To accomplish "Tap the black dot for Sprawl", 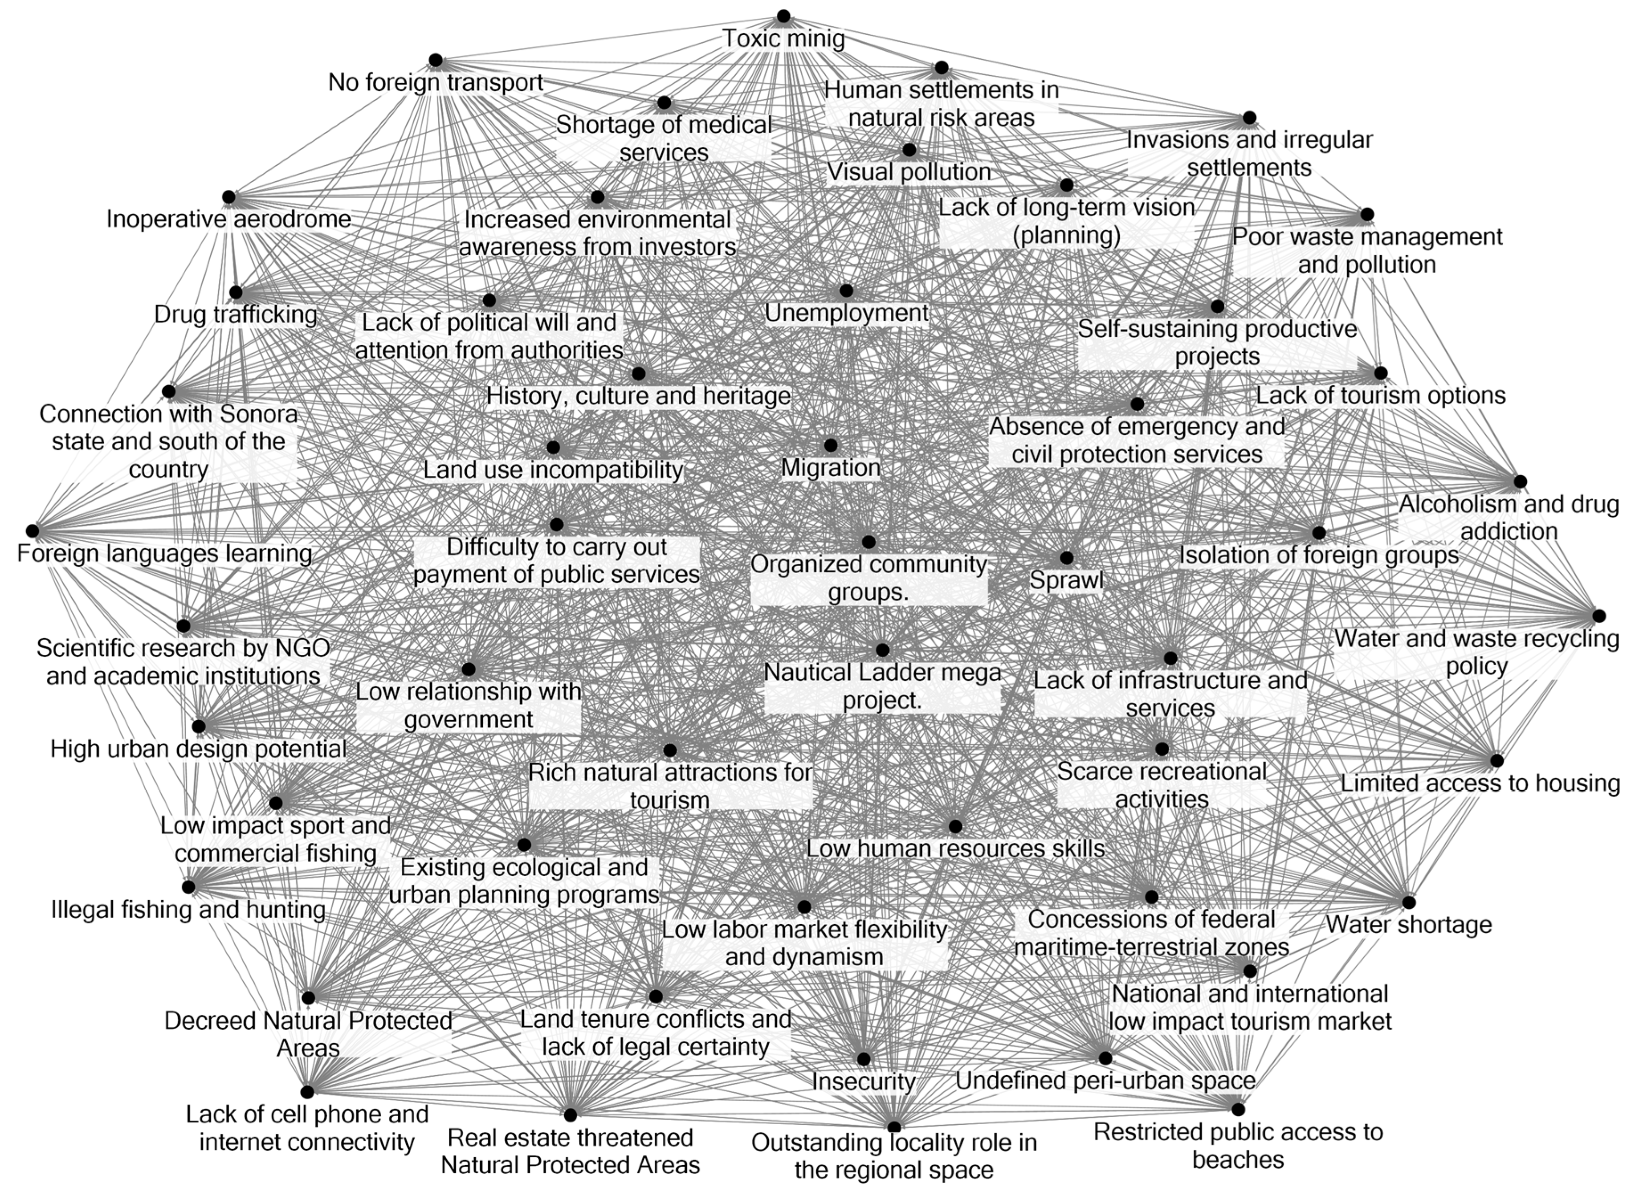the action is (1066, 558).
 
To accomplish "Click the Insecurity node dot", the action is (863, 1059).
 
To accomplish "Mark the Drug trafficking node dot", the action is (236, 293).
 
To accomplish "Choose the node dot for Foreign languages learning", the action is (32, 531).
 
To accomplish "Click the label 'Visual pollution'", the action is (909, 172).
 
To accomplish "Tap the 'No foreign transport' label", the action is (435, 82).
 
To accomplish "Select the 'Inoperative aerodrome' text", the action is (229, 219).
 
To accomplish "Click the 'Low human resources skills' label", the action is (955, 849).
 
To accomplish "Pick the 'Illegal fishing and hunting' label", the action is (188, 910).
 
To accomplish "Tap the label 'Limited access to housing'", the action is (1480, 783).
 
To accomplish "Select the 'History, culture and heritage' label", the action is (639, 396).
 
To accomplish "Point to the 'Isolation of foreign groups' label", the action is (1318, 555).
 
